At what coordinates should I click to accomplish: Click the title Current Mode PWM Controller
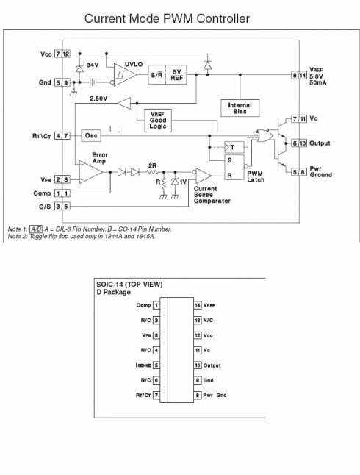[167, 18]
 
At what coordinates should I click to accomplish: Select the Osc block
[91, 135]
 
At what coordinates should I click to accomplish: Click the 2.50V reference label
[98, 98]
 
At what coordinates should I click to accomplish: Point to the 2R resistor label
[152, 165]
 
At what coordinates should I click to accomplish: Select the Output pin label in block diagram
[320, 143]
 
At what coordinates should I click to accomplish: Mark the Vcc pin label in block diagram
[46, 55]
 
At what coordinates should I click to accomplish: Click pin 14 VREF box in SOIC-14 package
[198, 304]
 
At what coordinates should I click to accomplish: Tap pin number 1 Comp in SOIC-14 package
[156, 304]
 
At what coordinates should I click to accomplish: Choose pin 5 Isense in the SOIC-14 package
[156, 365]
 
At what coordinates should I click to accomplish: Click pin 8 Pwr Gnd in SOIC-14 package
[198, 396]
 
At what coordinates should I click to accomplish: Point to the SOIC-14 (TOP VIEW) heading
[130, 284]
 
